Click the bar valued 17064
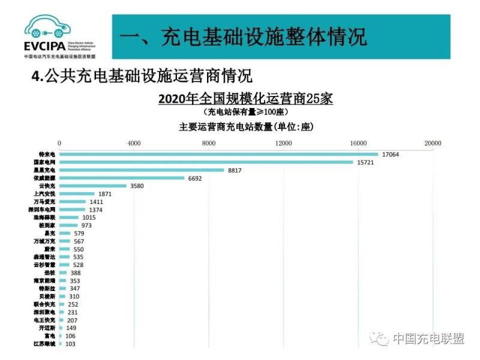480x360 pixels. coord(218,154)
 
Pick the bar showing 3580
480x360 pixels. coord(92,186)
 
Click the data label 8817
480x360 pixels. coord(235,170)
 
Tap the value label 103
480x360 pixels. coord(71,344)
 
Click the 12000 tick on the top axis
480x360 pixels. coord(283,143)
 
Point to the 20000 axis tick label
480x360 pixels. coord(433,143)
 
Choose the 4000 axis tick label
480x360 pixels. coord(134,143)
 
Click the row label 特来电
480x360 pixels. coord(47,154)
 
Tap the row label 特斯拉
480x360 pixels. coord(47,289)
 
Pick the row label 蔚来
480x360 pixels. coord(49,249)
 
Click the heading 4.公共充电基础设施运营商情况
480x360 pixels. coord(142,77)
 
